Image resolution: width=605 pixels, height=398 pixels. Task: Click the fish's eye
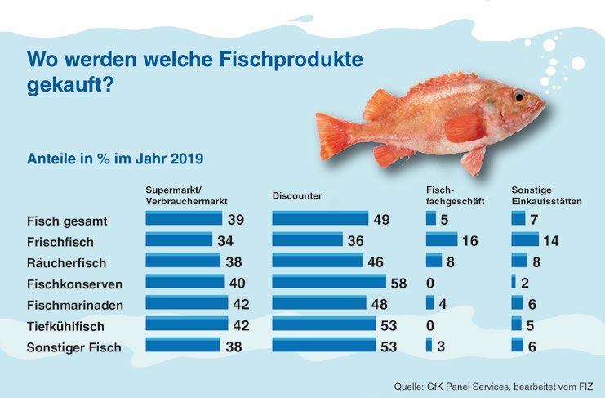pyautogui.click(x=518, y=96)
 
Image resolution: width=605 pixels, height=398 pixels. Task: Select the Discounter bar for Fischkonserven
pyautogui.click(x=328, y=282)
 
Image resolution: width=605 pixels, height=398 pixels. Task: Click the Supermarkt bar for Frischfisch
pyautogui.click(x=178, y=239)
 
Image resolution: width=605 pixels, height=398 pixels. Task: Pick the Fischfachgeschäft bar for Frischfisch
pyautogui.click(x=442, y=239)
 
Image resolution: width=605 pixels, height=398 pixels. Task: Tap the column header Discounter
pyautogui.click(x=296, y=196)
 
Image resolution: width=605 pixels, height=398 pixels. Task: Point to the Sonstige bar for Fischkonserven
pyautogui.click(x=514, y=282)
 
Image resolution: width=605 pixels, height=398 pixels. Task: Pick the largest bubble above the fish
pyautogui.click(x=578, y=63)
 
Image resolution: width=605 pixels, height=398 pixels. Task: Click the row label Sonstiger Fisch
pyautogui.click(x=73, y=347)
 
